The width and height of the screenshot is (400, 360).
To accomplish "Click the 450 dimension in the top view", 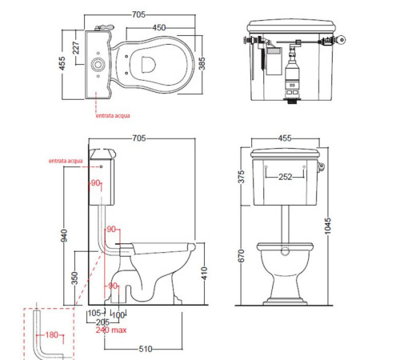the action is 159,27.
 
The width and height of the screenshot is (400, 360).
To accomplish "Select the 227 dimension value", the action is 76,48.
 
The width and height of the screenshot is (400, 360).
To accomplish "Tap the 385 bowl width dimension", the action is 202,63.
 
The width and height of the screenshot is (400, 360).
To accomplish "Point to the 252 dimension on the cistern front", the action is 285,177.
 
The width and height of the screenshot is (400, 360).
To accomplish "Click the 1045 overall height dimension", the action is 327,226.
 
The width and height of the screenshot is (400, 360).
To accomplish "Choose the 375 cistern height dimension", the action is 241,177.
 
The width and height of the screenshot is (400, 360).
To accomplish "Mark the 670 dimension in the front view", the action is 241,256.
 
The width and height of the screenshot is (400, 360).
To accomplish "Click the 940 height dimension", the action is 64,236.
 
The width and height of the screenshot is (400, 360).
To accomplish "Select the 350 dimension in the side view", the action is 75,278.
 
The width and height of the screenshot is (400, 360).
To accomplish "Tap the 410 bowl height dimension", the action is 204,274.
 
